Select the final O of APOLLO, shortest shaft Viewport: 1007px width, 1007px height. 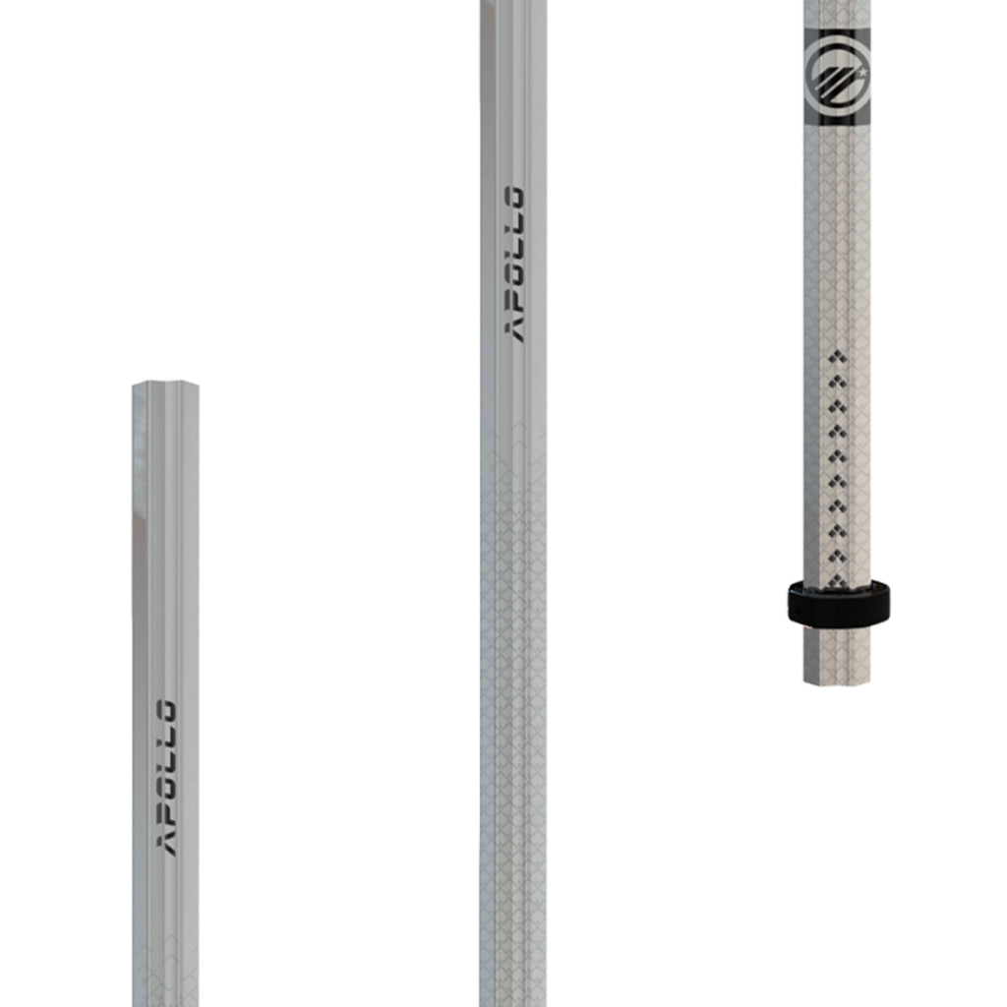(168, 710)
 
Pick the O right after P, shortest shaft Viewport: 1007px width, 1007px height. (168, 789)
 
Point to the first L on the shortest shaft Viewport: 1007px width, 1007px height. (168, 762)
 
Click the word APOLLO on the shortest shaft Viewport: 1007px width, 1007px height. (168, 777)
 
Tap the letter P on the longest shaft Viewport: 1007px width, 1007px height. (514, 300)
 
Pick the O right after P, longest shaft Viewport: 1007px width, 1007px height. (514, 275)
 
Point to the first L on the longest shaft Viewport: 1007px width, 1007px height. (514, 250)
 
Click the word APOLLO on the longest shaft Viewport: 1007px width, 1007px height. (514, 264)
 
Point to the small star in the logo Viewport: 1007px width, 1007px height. (862, 73)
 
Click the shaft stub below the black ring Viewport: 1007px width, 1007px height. (837, 654)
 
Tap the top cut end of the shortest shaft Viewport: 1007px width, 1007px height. (166, 385)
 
